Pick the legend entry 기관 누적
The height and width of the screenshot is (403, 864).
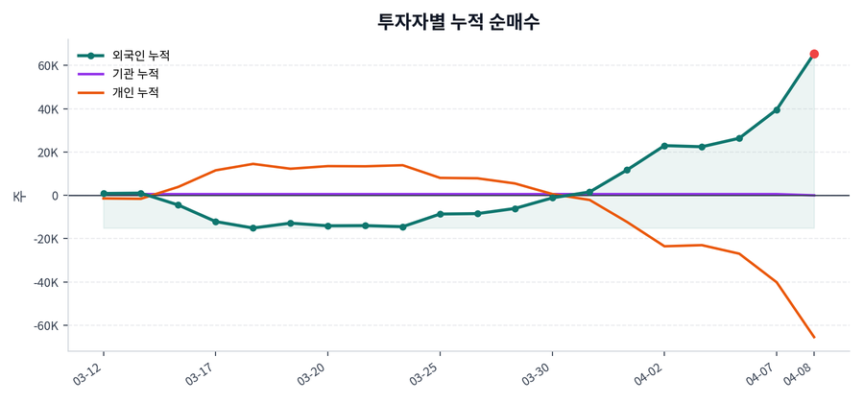pyautogui.click(x=135, y=74)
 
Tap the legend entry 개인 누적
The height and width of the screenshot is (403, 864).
pyautogui.click(x=135, y=93)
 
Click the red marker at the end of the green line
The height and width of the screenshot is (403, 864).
pyautogui.click(x=814, y=54)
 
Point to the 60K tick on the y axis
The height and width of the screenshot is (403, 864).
pyautogui.click(x=48, y=66)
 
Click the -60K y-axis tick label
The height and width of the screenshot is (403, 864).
pyautogui.click(x=45, y=326)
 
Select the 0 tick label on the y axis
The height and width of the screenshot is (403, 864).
pyautogui.click(x=56, y=196)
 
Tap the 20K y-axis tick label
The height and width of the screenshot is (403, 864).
pyautogui.click(x=48, y=153)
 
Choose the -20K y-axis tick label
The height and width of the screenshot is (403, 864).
pyautogui.click(x=45, y=239)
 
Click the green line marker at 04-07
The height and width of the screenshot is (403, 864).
pyautogui.click(x=777, y=110)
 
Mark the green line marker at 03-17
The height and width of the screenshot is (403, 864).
pyautogui.click(x=215, y=222)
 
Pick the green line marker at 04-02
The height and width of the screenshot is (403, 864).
pyautogui.click(x=664, y=146)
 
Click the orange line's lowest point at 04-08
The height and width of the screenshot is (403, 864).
pyautogui.click(x=814, y=337)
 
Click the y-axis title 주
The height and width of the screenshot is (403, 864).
pyautogui.click(x=18, y=196)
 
